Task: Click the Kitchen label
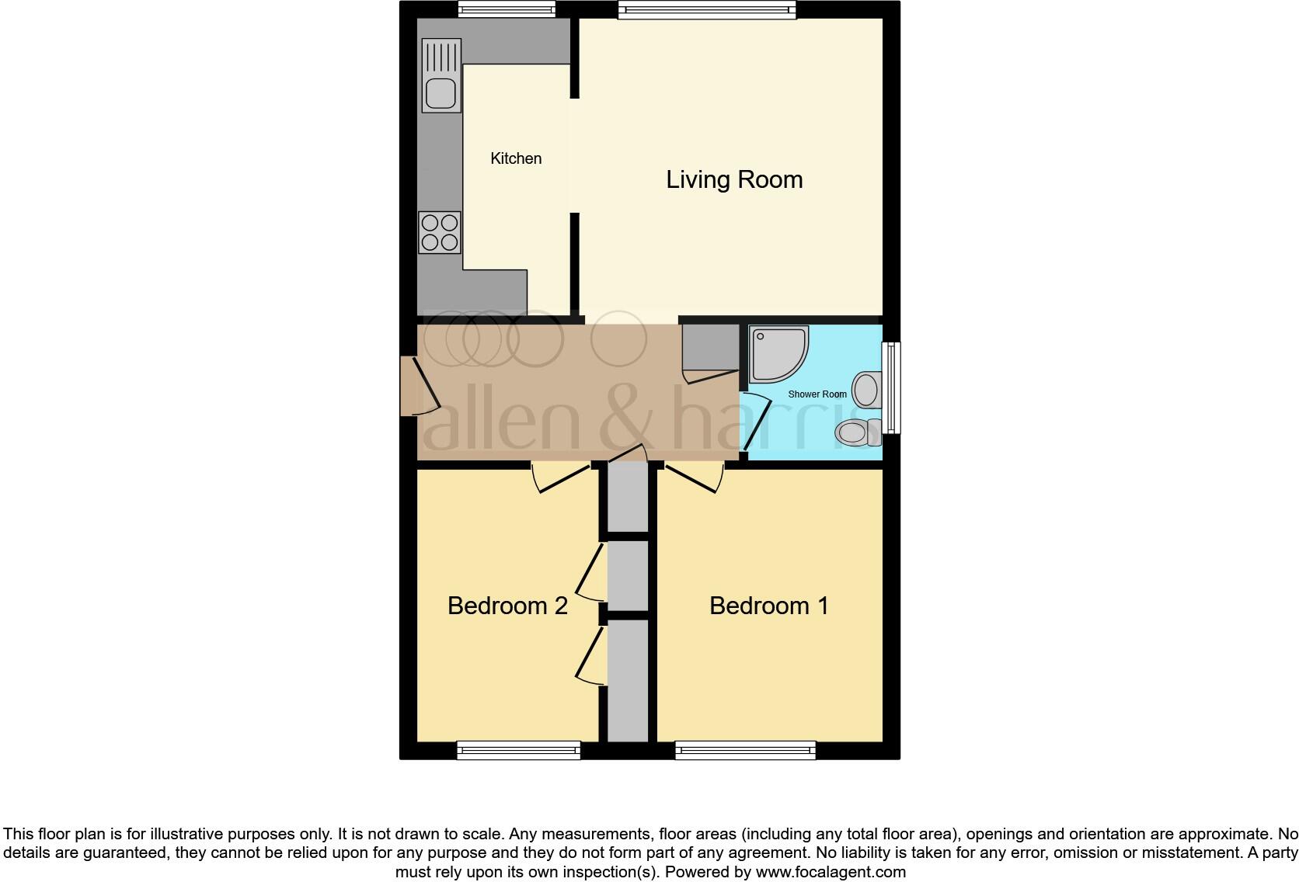[x=516, y=158]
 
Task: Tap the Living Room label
[x=734, y=179]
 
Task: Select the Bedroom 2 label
[x=507, y=606]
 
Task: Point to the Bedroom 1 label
[x=768, y=606]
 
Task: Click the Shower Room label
[x=817, y=394]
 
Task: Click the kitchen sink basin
[x=440, y=94]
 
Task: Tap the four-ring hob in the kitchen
[x=439, y=232]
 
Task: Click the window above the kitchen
[x=507, y=9]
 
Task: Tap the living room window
[x=707, y=9]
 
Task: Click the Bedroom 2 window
[x=518, y=749]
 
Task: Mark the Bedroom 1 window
[x=745, y=749]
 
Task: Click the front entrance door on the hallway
[x=410, y=386]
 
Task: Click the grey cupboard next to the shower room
[x=709, y=347]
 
